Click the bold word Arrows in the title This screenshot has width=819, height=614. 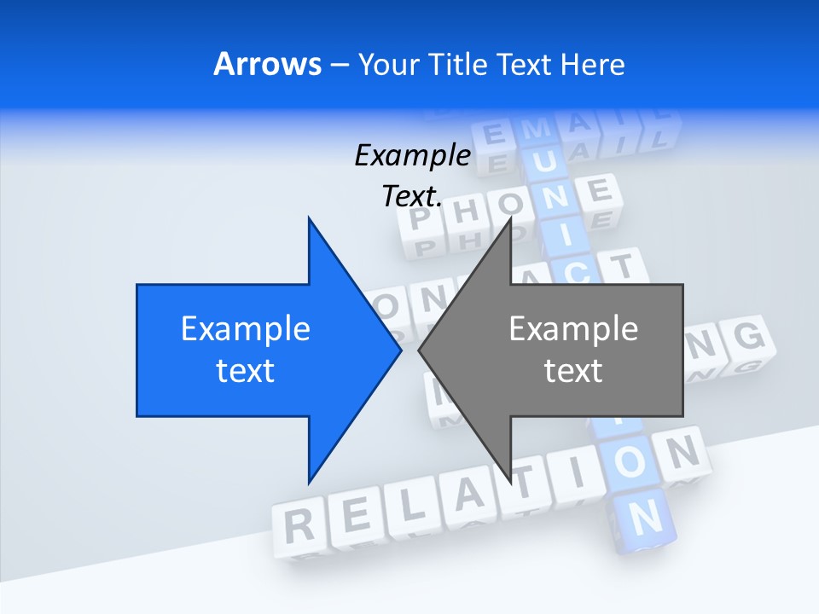267,64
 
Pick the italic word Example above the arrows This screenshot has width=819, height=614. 412,155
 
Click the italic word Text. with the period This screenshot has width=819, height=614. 412,196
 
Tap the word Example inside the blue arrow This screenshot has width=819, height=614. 246,329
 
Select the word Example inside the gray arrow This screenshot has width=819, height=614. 573,329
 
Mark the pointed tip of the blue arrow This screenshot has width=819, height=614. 400,350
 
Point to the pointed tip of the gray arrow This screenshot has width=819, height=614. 420,350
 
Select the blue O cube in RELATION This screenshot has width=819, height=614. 630,463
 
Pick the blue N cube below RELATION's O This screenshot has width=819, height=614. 647,516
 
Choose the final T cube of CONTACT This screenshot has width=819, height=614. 622,267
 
